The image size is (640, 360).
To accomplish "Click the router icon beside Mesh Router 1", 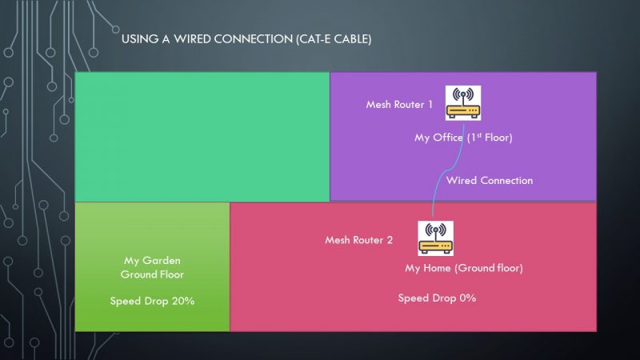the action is click(x=463, y=103).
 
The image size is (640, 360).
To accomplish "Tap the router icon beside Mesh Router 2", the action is click(x=435, y=238).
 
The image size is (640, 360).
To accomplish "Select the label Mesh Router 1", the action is click(x=398, y=105).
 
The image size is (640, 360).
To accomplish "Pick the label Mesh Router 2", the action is click(x=358, y=240).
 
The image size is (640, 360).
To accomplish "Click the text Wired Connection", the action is click(x=490, y=181).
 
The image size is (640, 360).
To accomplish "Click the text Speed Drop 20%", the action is click(x=152, y=302).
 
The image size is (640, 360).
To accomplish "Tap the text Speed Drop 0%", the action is click(x=437, y=298).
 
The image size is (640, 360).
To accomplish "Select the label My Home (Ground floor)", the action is click(x=464, y=268).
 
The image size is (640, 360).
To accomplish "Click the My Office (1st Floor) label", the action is click(x=463, y=138).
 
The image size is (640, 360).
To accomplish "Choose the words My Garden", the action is click(x=152, y=261).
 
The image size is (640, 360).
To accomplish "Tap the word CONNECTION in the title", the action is click(x=253, y=39).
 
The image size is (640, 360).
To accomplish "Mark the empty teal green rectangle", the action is click(x=202, y=137).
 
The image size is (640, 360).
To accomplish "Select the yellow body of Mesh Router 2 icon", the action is click(x=435, y=246).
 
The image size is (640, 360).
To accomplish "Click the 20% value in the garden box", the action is click(x=183, y=302).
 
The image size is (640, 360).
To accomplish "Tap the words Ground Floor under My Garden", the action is click(x=152, y=274).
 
